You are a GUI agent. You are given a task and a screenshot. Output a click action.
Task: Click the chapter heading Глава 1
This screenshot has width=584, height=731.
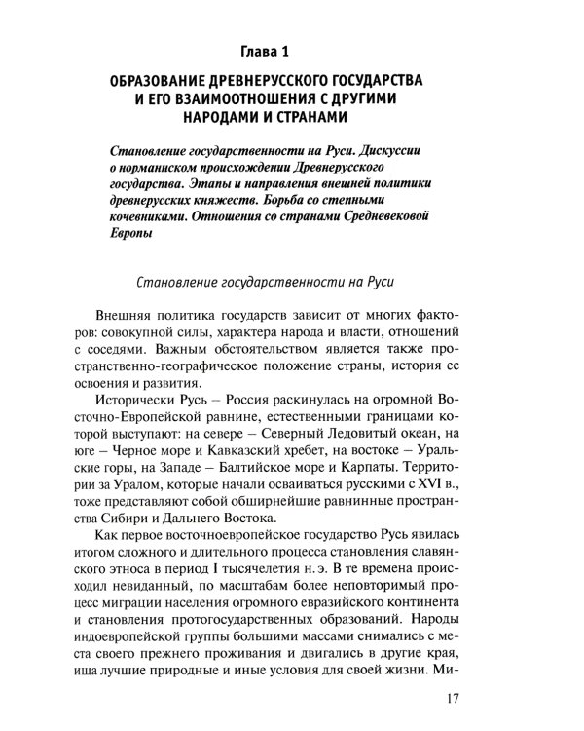(291, 48)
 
